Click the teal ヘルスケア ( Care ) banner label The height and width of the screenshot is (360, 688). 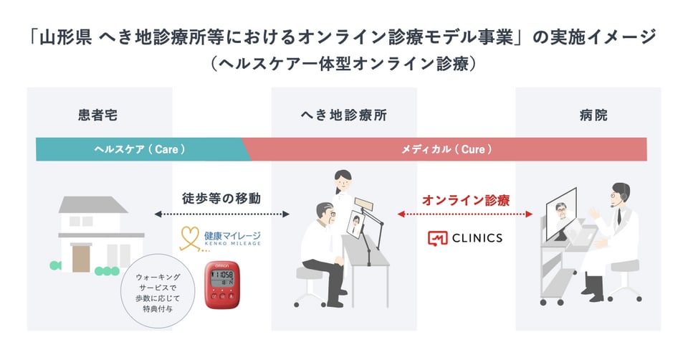(140, 150)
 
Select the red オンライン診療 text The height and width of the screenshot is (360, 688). (465, 200)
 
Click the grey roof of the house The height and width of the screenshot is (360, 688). (92, 205)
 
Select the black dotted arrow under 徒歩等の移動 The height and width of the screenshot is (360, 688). (220, 214)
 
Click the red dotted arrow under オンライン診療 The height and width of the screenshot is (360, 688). (465, 214)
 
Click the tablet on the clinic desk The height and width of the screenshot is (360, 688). (357, 224)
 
